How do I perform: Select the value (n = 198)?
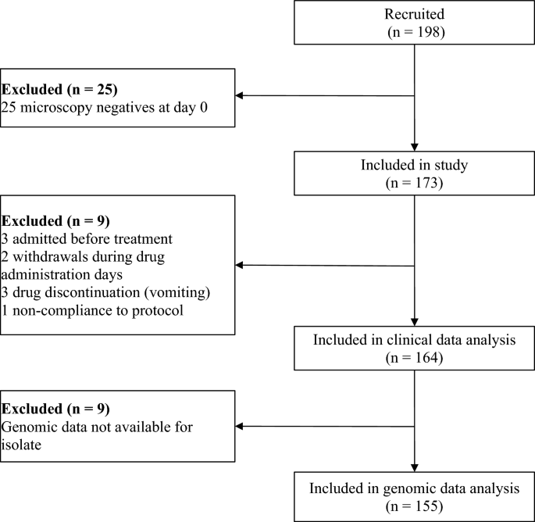(414, 32)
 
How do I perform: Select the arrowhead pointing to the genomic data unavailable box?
(241, 427)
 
